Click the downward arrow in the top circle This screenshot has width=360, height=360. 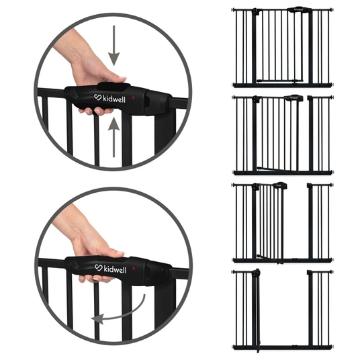pos(114,46)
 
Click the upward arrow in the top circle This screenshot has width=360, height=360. pos(114,137)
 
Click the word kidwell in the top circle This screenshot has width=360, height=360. pos(114,99)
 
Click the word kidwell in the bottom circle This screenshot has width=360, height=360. pos(115,269)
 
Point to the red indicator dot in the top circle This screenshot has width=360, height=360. pos(132,98)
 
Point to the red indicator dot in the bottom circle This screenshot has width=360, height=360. pos(133,268)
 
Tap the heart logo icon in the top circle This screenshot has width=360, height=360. pos(98,97)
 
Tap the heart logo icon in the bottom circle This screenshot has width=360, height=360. pos(99,267)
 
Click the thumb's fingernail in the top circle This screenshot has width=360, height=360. pos(122,78)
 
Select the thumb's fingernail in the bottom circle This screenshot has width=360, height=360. pos(120,253)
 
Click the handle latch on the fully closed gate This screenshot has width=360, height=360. pos(299,9)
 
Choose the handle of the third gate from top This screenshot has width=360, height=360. pos(280,185)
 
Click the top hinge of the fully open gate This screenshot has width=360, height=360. pos(257,272)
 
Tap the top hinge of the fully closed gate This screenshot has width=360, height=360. pos(255,11)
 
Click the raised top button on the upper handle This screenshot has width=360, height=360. pos(114,87)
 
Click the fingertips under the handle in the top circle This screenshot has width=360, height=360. pos(97,111)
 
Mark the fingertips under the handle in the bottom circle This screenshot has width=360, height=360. pos(97,279)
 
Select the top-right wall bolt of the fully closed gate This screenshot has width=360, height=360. pos(332,9)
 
